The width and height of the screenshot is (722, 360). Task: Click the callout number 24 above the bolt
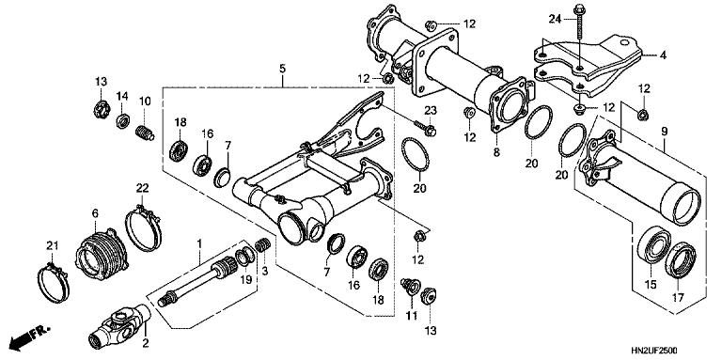click(554, 18)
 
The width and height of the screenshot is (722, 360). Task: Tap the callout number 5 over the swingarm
click(280, 69)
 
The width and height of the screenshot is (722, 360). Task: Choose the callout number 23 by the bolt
click(432, 111)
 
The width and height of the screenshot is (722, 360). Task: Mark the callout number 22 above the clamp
click(144, 189)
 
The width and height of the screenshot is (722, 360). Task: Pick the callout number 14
click(122, 96)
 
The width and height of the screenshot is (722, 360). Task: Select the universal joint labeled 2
click(118, 323)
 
